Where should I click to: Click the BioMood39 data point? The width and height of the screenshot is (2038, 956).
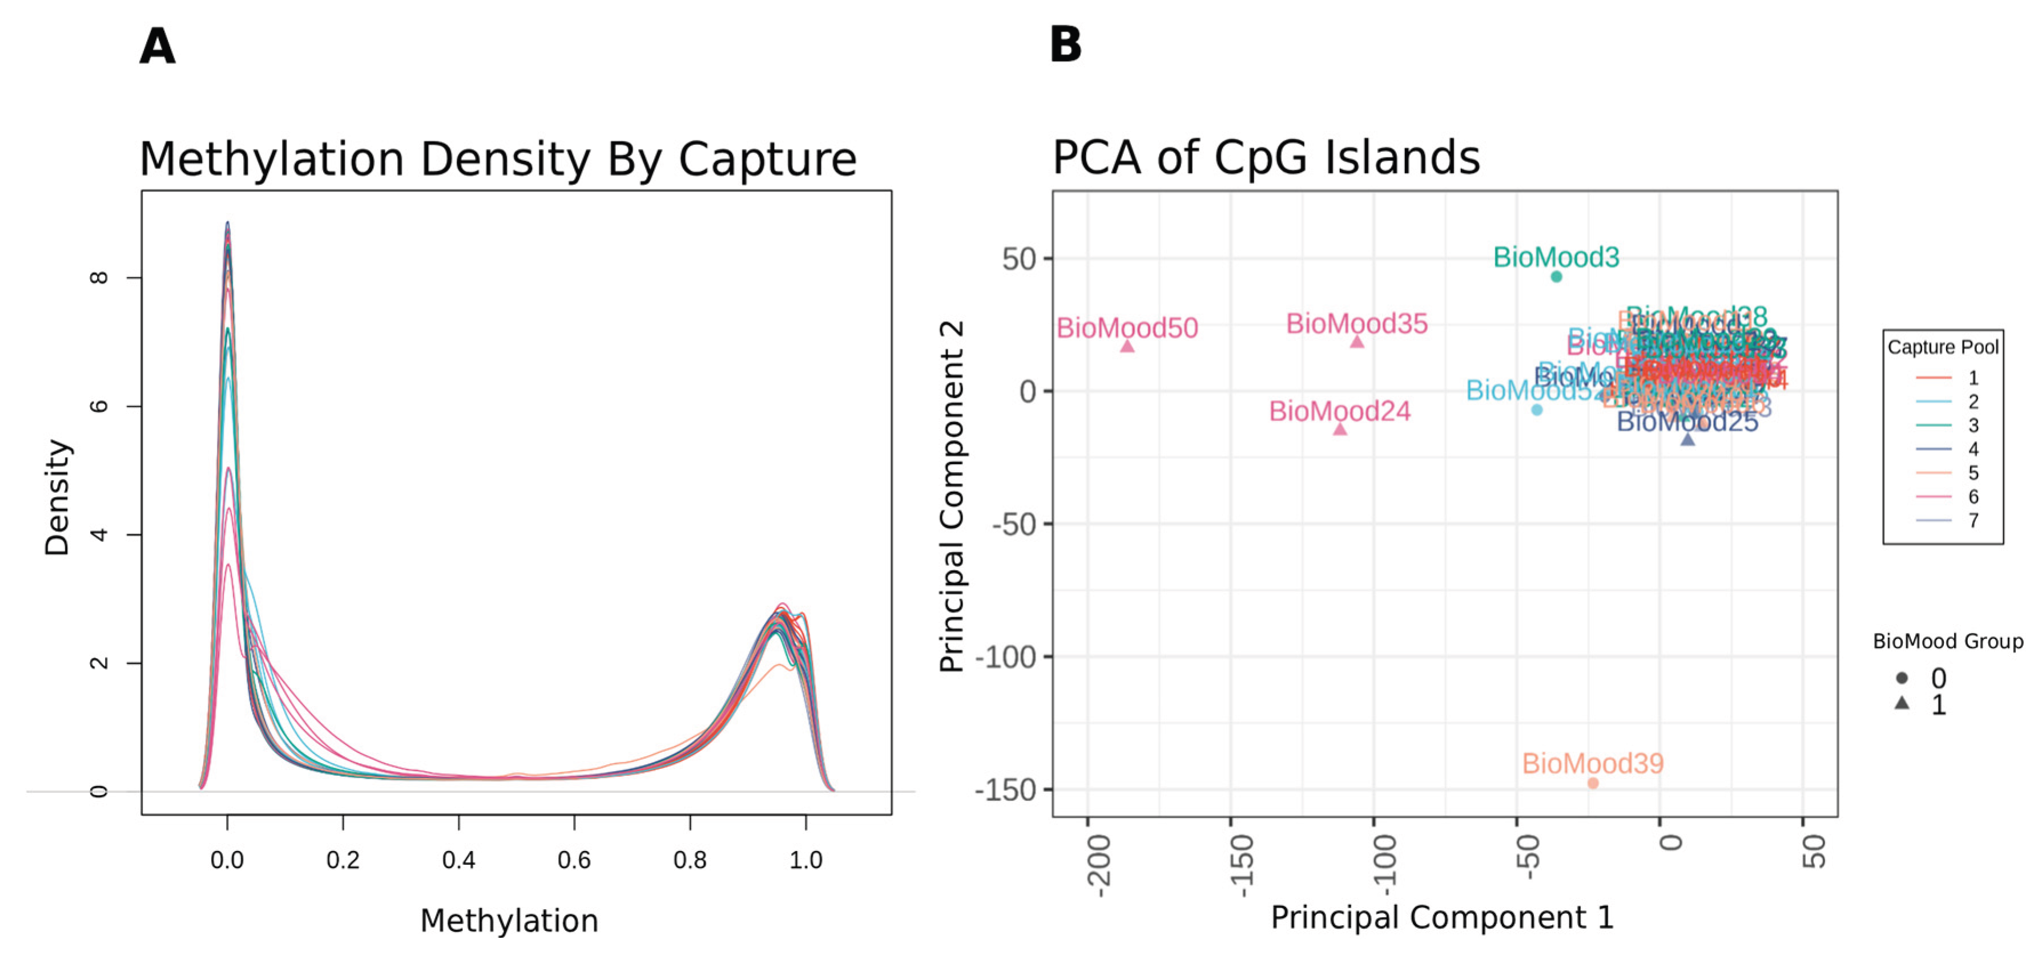tap(1593, 783)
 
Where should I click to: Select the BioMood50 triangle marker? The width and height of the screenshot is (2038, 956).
tap(1127, 346)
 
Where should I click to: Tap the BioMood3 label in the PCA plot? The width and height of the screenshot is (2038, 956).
tap(1556, 257)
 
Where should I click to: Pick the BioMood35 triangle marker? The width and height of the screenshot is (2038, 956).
tap(1357, 342)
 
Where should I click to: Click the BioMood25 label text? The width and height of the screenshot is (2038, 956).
tap(1687, 422)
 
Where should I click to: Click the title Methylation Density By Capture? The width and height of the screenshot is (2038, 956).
tap(498, 159)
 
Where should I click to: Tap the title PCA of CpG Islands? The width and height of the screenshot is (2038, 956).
tap(1266, 157)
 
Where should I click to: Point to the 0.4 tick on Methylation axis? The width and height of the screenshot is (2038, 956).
tap(458, 860)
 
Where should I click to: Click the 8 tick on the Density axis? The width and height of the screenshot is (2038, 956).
tap(99, 278)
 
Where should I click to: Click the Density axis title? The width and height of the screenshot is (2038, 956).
tap(57, 497)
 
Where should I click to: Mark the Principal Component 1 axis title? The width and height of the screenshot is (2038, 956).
tap(1441, 917)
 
